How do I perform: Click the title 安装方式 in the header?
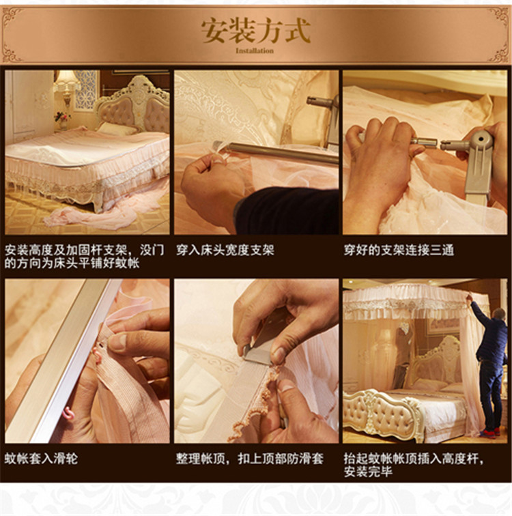click(x=256, y=31)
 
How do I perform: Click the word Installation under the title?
click(x=255, y=51)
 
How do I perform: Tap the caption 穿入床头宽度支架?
click(x=225, y=250)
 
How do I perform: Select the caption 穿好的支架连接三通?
click(x=399, y=250)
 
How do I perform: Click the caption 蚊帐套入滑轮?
click(x=41, y=459)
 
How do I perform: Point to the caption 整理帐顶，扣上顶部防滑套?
click(x=249, y=459)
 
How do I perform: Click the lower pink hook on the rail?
click(x=68, y=414)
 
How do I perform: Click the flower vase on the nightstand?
click(x=62, y=120)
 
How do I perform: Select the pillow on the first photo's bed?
click(x=116, y=128)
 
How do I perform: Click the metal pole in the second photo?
click(x=276, y=152)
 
